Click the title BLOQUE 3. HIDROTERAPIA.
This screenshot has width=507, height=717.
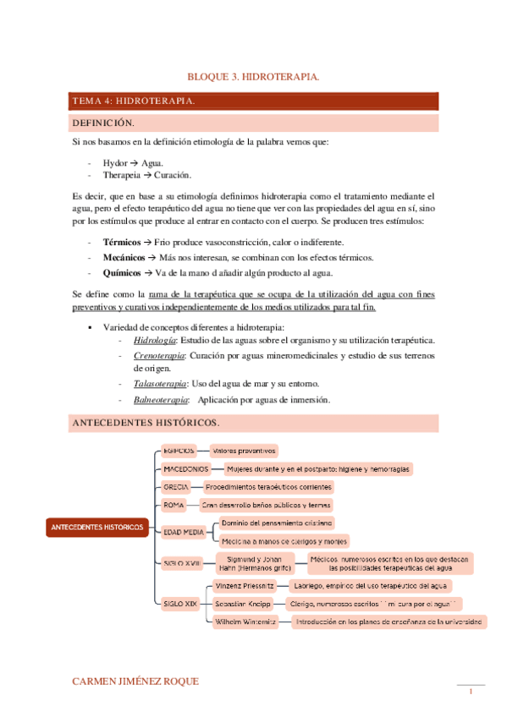(253, 77)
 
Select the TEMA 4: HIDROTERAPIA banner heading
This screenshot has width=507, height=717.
(134, 101)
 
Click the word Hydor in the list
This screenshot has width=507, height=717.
(115, 161)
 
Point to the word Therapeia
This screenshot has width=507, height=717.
(122, 175)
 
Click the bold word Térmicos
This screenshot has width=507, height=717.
(122, 243)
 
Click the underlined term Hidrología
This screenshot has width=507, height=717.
(154, 340)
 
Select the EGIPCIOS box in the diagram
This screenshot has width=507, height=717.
(179, 451)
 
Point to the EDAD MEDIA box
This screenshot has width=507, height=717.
(185, 532)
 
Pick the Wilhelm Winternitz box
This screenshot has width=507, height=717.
(245, 621)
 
